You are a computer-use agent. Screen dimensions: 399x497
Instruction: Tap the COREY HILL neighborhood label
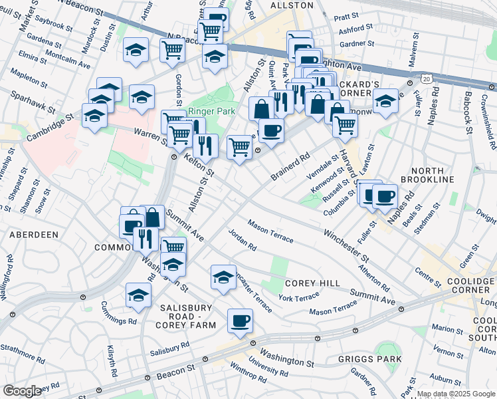[312, 283]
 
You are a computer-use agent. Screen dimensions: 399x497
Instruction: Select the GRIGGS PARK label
[374, 360]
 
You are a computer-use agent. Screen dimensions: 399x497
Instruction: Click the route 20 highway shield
[427, 78]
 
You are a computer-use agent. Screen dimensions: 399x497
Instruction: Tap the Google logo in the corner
[22, 391]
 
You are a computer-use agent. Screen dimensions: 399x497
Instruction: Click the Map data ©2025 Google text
[456, 394]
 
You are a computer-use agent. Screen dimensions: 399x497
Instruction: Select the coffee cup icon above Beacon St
[240, 322]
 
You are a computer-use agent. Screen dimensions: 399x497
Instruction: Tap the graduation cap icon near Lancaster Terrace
[223, 277]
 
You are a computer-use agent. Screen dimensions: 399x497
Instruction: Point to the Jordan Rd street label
[242, 240]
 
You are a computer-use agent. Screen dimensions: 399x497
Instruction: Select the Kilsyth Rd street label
[112, 360]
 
